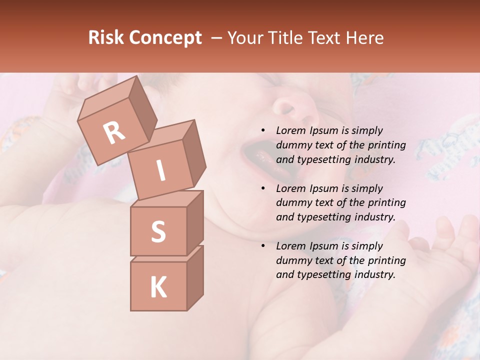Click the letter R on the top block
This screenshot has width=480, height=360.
point(114,133)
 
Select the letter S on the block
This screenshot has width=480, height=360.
point(158,231)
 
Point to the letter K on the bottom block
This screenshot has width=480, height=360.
point(158,287)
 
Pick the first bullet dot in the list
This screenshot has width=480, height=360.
point(263,130)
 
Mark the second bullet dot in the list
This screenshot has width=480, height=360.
point(263,188)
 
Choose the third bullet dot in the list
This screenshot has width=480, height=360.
point(263,246)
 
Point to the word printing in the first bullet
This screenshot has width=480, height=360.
point(387,145)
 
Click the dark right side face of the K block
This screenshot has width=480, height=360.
point(195,277)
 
